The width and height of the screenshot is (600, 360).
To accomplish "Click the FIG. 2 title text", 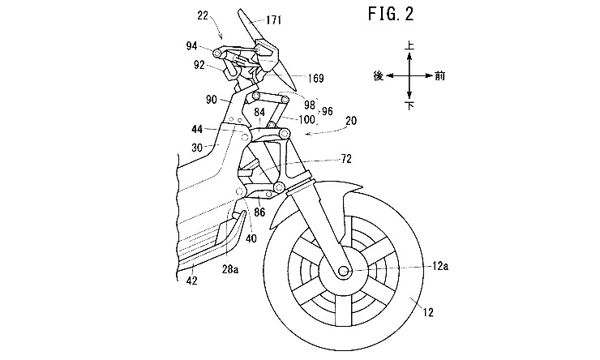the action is (x=391, y=14).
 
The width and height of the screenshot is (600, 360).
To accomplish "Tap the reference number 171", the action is (x=273, y=19).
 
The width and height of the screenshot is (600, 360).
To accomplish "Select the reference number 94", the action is (x=191, y=46).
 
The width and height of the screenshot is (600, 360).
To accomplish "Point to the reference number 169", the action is (x=315, y=79).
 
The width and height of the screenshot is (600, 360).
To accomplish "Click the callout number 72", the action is (x=345, y=159).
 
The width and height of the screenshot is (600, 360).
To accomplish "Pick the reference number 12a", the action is (x=440, y=266).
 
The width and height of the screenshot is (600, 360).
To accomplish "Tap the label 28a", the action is (x=231, y=269).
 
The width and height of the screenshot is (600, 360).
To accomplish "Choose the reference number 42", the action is (x=191, y=281).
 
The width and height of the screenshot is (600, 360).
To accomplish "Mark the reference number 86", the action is (x=259, y=212).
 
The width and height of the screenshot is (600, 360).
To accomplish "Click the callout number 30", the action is (x=197, y=148).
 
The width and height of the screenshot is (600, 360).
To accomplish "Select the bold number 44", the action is (x=197, y=130).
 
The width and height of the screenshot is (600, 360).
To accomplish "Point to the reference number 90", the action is (x=212, y=101).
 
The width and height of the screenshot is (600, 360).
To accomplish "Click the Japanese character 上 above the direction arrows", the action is (x=409, y=46).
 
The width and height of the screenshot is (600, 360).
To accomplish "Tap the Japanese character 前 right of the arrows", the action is (x=440, y=76).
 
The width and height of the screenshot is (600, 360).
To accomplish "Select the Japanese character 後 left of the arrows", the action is (x=379, y=76).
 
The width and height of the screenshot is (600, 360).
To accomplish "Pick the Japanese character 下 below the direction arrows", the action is (x=409, y=105).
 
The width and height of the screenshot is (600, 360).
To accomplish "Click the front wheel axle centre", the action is (x=343, y=270).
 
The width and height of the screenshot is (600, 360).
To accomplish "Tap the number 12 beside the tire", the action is (x=428, y=312).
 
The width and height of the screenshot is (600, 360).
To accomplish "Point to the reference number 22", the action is (x=203, y=15).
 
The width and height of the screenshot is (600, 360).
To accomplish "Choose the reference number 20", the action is (x=351, y=121).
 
